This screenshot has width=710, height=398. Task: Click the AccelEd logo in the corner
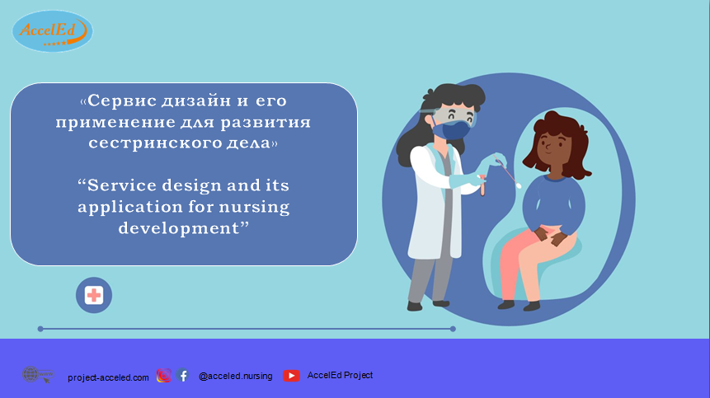tap(53, 31)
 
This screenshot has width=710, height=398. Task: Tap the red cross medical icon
tap(94, 295)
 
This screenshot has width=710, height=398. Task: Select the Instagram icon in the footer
tap(164, 376)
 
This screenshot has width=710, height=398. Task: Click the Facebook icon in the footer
tap(183, 376)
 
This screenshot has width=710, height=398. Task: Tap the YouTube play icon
tap(291, 376)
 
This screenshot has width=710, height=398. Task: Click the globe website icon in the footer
tap(38, 375)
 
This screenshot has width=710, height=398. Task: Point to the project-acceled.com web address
tap(108, 377)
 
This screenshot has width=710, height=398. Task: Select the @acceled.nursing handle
tap(236, 376)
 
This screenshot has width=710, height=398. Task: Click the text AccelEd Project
tap(340, 375)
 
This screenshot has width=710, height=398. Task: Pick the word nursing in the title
tap(255, 208)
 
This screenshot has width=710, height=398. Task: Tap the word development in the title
tap(178, 228)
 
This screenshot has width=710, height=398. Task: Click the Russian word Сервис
tap(122, 101)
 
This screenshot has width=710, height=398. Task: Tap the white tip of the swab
tap(519, 185)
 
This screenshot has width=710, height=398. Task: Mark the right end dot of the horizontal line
tap(453, 329)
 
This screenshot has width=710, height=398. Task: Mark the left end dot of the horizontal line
tap(40, 329)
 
